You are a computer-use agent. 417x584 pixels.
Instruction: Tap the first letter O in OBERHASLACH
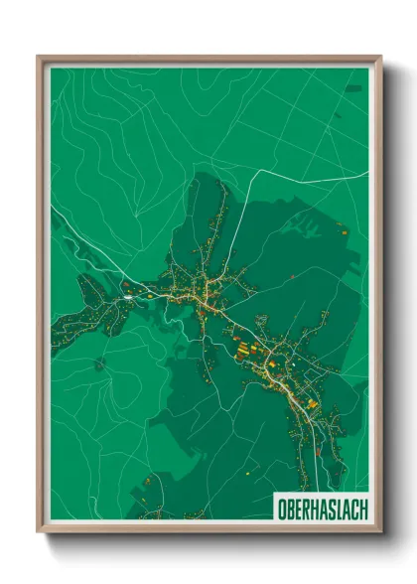click(280, 511)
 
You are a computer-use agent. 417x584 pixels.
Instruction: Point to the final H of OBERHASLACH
click(362, 511)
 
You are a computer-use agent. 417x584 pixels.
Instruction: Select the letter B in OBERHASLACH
click(288, 511)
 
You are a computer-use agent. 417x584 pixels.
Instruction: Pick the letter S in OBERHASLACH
click(329, 511)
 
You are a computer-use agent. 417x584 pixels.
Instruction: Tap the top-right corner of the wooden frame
click(380, 57)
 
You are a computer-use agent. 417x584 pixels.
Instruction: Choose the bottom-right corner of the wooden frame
click(380, 531)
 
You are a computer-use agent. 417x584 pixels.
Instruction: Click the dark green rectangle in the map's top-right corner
click(355, 88)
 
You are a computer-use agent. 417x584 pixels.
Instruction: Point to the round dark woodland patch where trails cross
click(100, 364)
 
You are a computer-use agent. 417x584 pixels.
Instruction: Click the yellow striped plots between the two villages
click(244, 349)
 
